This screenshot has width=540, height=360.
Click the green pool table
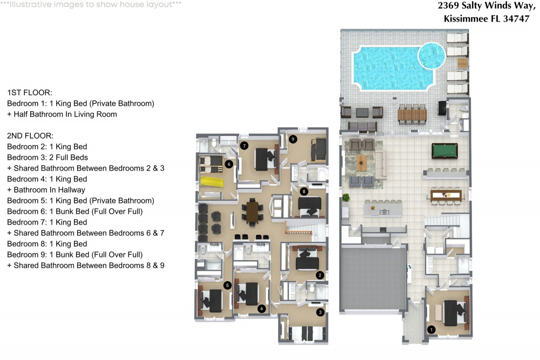444,151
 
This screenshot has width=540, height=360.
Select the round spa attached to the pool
431,56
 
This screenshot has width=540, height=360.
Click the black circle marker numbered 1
431,330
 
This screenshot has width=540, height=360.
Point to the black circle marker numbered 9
293,139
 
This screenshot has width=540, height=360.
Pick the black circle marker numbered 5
227,286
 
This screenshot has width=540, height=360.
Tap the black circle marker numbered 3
320,312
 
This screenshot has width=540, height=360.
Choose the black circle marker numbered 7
244,146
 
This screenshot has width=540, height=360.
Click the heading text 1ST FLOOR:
30,93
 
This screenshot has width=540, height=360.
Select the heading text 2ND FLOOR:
30,135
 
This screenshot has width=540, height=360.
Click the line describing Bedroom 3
48,157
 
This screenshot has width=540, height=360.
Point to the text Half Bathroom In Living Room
65,114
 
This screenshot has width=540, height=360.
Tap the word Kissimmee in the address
465,18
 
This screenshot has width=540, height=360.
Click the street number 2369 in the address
448,5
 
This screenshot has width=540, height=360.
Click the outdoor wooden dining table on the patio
412,114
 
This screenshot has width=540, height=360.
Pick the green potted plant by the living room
346,198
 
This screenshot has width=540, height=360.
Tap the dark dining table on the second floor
252,212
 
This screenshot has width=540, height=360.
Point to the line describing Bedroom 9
75,255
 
